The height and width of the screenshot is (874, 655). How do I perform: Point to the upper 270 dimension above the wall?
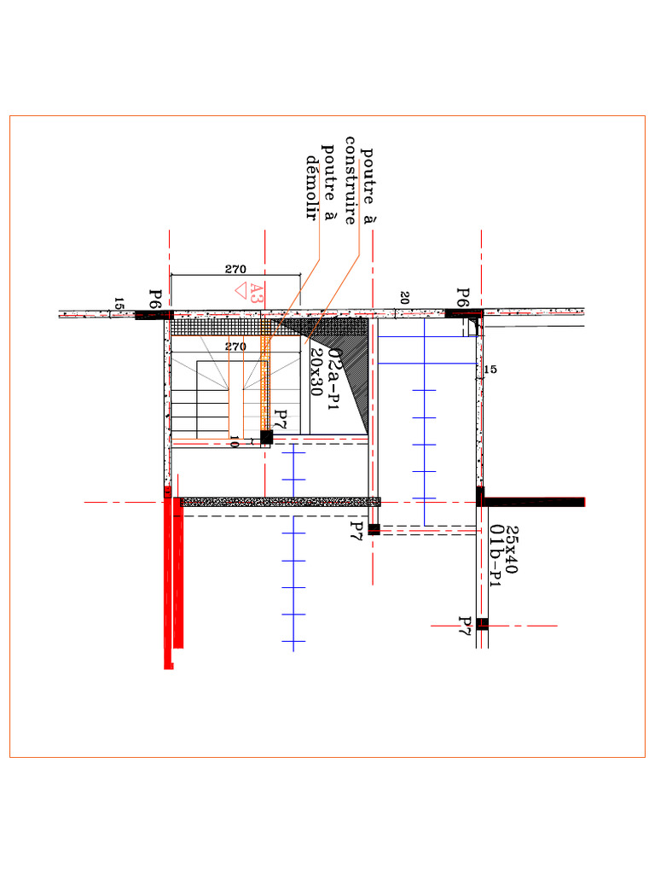pos(235,270)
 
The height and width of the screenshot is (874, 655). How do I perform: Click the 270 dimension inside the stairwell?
pos(235,347)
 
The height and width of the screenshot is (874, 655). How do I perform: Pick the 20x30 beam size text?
pos(316,372)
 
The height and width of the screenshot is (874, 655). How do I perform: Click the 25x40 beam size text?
pos(512,550)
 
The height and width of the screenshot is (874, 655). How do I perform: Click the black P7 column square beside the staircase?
pos(266,437)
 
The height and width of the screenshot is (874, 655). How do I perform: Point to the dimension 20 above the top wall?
pos(404,298)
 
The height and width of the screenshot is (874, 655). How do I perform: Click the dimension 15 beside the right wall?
pos(490,370)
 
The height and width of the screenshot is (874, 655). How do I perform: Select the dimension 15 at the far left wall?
pos(119,305)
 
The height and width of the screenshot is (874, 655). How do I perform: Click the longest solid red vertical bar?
pos(168,580)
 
